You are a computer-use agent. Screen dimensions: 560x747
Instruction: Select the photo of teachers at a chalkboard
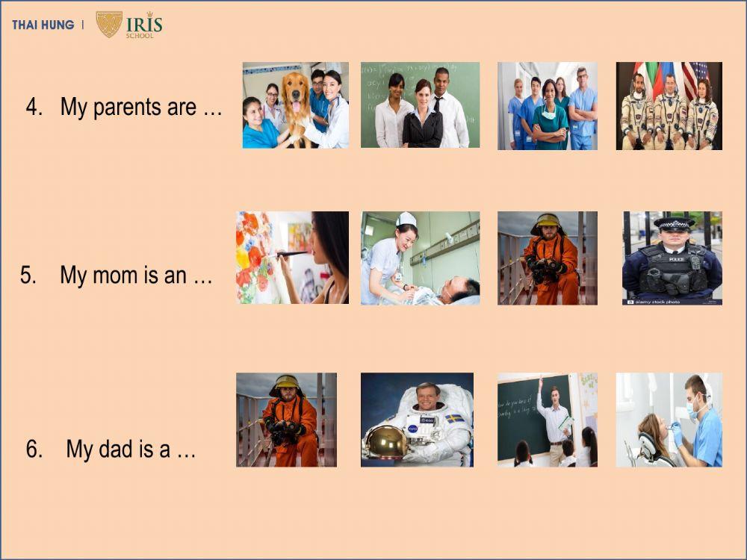[420, 105]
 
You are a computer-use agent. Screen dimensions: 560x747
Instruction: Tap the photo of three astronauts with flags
[669, 106]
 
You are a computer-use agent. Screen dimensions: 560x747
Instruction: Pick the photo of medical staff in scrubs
[548, 106]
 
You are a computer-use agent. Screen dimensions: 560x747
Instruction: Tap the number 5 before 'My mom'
[28, 276]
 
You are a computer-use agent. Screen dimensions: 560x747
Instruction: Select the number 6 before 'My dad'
[34, 449]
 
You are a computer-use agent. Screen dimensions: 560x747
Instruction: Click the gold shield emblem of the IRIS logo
[109, 24]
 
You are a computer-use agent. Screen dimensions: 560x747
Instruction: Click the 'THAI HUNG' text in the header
[43, 25]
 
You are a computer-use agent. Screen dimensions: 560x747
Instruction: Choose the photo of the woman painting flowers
[292, 258]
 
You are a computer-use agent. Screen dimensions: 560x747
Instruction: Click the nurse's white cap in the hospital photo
[406, 219]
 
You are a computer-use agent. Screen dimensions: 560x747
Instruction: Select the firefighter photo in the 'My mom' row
[548, 258]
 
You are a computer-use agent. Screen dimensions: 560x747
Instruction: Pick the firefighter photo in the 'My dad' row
[286, 420]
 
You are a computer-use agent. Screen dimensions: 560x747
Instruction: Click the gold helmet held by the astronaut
[386, 442]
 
